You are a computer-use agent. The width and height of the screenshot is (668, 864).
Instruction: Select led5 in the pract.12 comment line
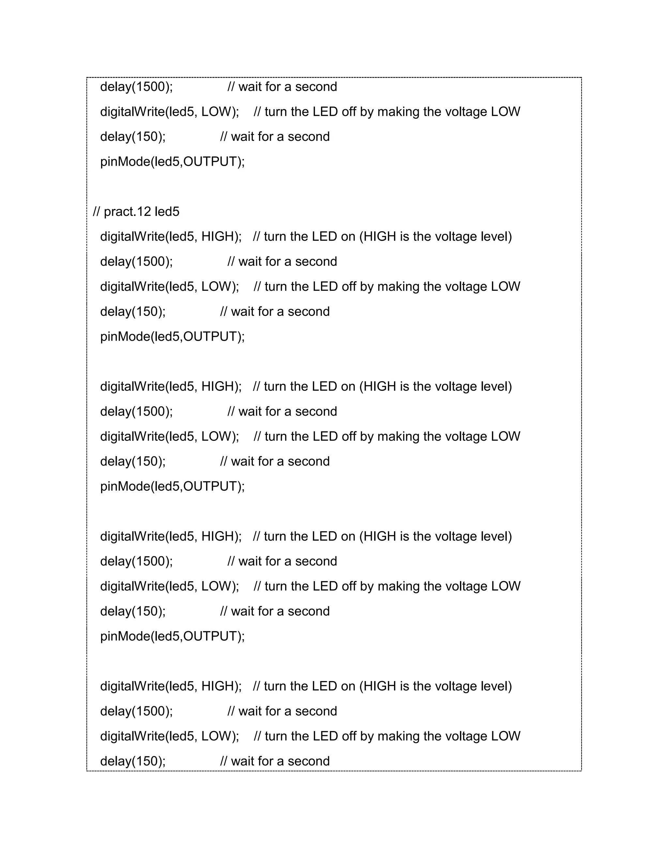pyautogui.click(x=167, y=212)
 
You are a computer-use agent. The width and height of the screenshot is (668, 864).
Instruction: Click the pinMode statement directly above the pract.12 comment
pyautogui.click(x=173, y=161)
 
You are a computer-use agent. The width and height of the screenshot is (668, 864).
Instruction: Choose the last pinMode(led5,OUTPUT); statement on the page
pyautogui.click(x=173, y=636)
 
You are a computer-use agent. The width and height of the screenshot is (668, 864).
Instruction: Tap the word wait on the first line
pyautogui.click(x=250, y=87)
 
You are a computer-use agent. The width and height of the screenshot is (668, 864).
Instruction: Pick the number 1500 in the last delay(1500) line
pyautogui.click(x=151, y=711)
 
